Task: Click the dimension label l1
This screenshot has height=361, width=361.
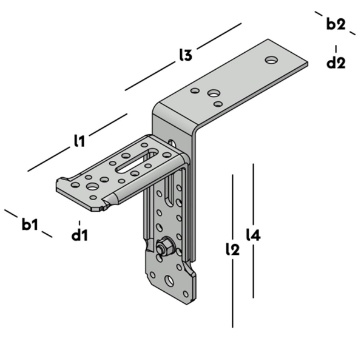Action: click(x=78, y=141)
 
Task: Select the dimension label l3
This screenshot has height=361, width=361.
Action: click(x=185, y=56)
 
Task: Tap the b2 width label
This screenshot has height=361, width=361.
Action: click(x=335, y=24)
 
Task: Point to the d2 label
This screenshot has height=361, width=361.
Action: click(x=336, y=62)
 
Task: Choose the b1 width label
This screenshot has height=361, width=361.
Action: click(x=30, y=225)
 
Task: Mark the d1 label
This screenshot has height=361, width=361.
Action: click(x=79, y=235)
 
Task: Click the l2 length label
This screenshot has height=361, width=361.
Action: click(x=232, y=249)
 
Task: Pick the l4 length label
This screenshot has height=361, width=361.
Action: click(x=253, y=234)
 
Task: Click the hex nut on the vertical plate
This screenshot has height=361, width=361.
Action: click(x=163, y=246)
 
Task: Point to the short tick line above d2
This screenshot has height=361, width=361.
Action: click(x=336, y=49)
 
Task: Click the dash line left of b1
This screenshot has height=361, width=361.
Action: click(x=10, y=213)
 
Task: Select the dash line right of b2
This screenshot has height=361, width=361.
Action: click(x=352, y=33)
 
